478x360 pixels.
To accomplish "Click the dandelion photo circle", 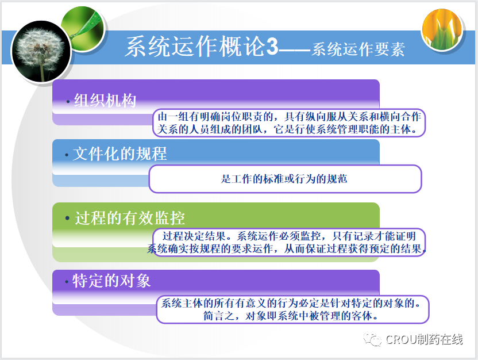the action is [x=41, y=51].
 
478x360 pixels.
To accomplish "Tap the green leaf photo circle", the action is [x=82, y=28].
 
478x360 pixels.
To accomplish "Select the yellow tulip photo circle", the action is [x=442, y=29].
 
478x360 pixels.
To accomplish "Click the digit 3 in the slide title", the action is [x=272, y=47].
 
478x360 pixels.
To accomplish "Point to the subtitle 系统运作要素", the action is [x=358, y=49].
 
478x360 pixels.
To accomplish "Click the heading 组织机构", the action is [x=105, y=100].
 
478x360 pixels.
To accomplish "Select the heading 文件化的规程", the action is [x=120, y=154].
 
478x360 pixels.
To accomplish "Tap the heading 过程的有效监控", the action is [x=130, y=218].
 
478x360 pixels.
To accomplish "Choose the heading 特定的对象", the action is [x=111, y=281].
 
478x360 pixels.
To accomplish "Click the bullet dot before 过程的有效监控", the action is [x=67, y=218].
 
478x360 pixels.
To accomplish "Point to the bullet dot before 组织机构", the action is [x=68, y=102].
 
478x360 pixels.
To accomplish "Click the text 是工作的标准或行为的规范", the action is [x=284, y=179].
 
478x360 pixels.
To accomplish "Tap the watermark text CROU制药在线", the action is [x=425, y=339].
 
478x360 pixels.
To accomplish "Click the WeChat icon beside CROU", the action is [x=372, y=339].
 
